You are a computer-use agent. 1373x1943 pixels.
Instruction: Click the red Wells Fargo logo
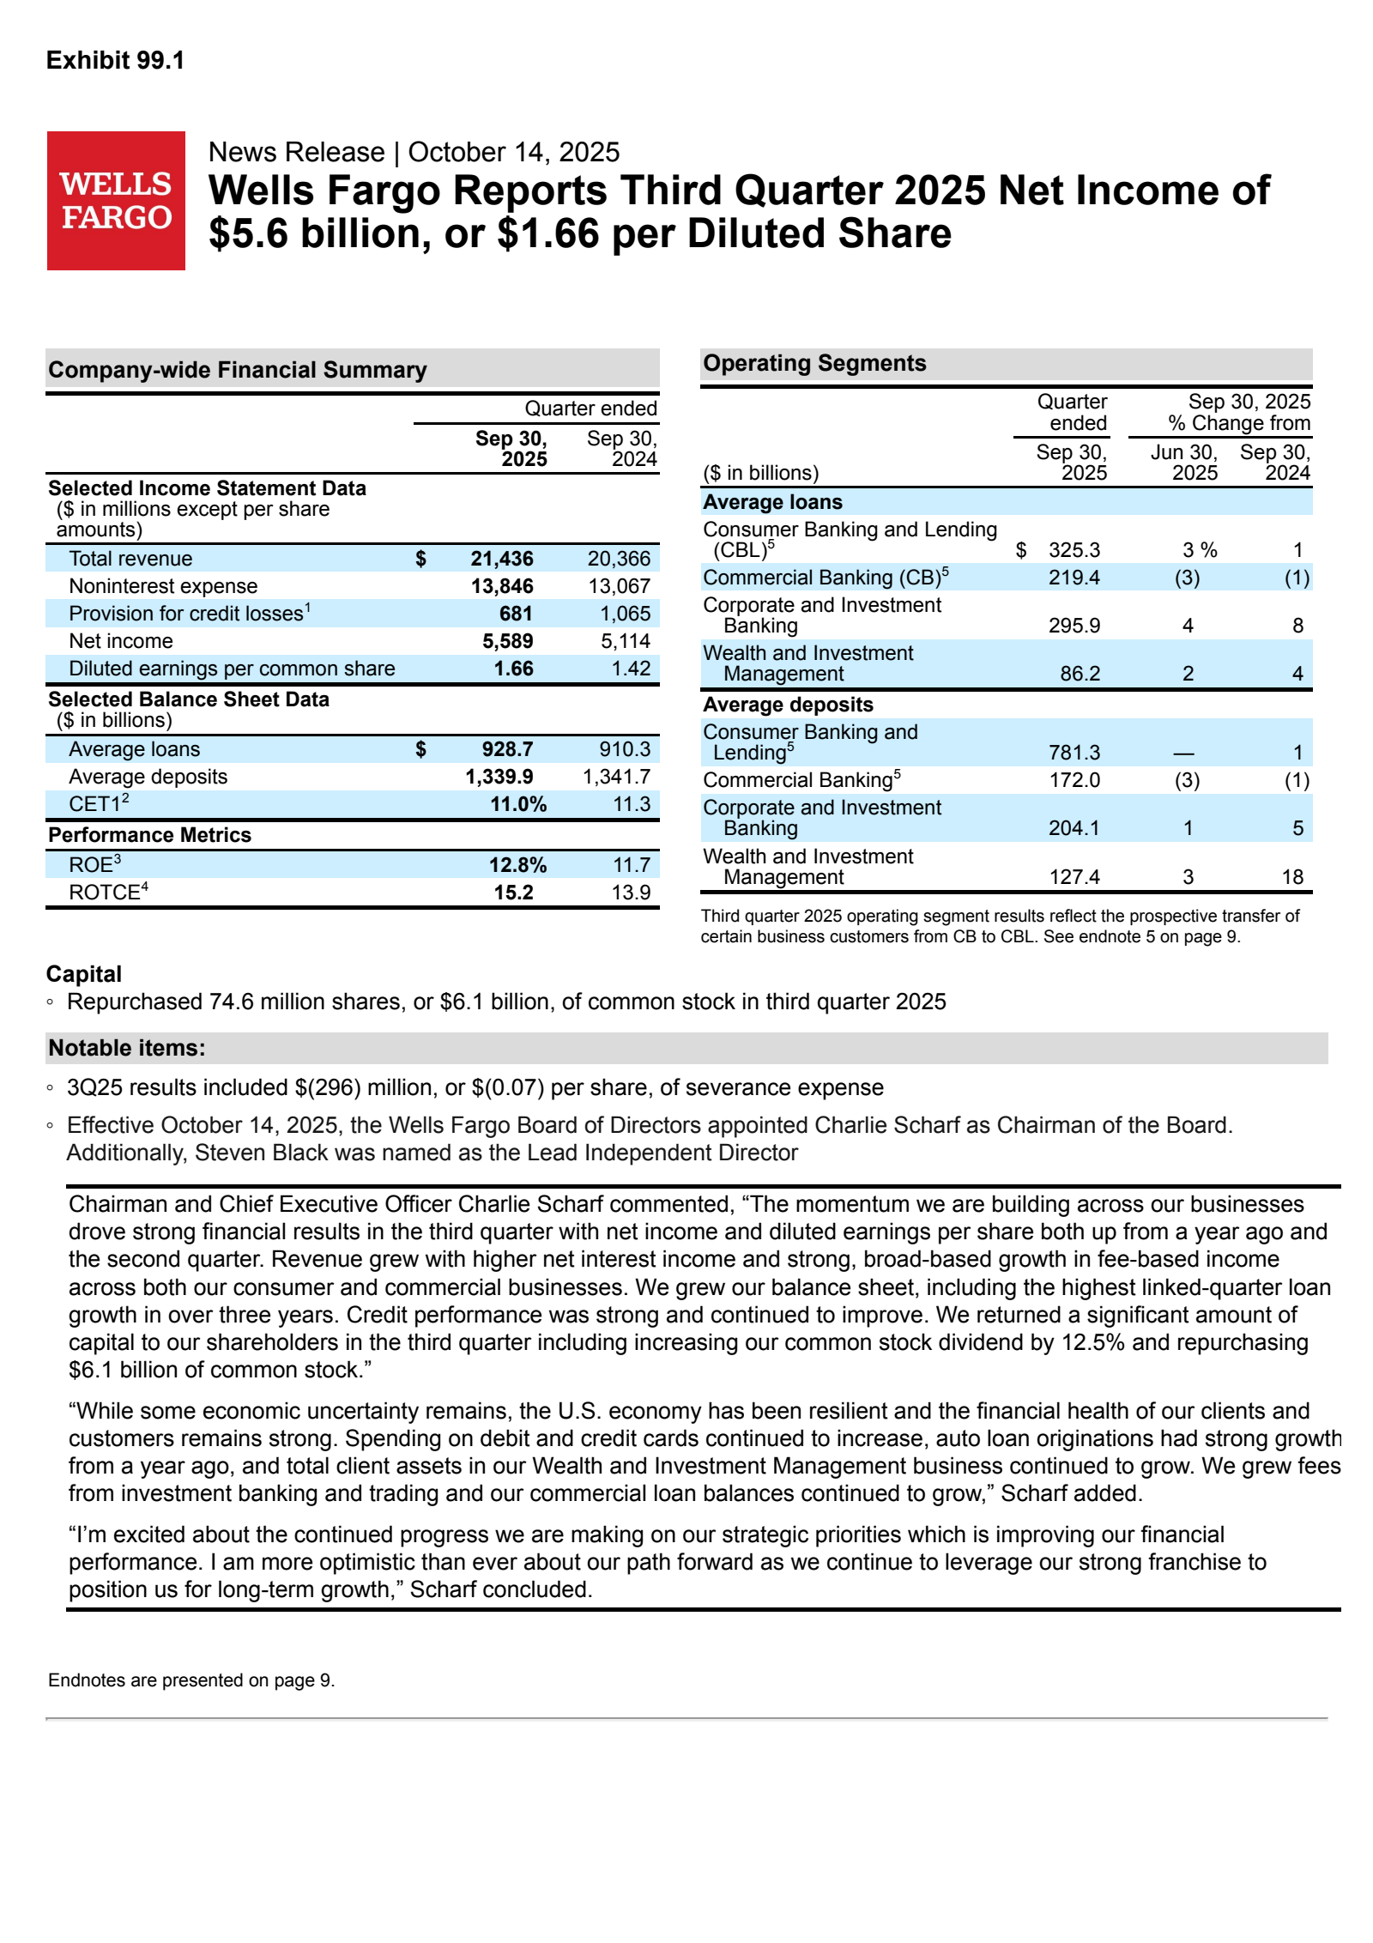click(x=116, y=201)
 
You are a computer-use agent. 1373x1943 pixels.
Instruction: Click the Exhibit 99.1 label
click(x=115, y=61)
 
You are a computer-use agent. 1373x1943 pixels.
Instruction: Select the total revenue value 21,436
click(x=501, y=559)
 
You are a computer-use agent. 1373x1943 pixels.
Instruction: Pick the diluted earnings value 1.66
click(x=513, y=669)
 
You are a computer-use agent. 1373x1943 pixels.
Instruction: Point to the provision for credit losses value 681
click(x=516, y=614)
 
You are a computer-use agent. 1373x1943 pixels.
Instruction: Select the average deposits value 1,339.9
click(x=499, y=777)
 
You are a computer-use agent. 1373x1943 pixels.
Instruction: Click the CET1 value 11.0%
click(x=517, y=804)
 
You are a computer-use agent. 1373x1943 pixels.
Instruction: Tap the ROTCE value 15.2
click(x=513, y=893)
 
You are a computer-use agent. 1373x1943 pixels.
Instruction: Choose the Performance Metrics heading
click(x=149, y=835)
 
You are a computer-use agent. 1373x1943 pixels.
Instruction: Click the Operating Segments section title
click(x=814, y=363)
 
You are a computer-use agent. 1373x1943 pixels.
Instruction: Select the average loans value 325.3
click(x=1074, y=550)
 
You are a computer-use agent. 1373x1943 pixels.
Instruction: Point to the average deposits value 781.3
click(x=1074, y=753)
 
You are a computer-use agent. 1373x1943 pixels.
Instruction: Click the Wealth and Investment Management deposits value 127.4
click(x=1074, y=877)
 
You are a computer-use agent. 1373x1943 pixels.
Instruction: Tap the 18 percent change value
click(x=1292, y=877)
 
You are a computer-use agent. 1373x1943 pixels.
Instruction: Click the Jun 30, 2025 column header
click(x=1184, y=463)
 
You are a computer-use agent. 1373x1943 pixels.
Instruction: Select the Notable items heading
click(x=127, y=1048)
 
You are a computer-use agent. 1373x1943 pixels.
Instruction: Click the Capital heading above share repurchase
click(x=84, y=974)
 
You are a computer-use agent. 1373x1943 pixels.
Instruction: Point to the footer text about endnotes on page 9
click(x=191, y=1680)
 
